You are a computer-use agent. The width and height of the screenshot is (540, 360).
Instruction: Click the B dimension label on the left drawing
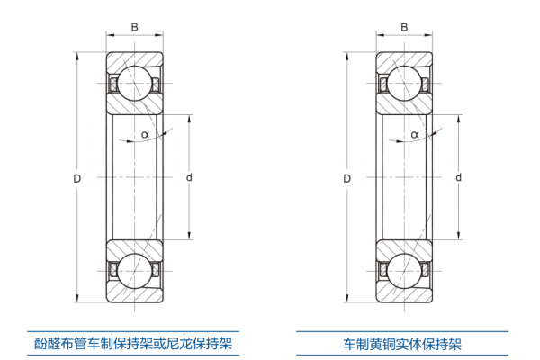tap(134, 27)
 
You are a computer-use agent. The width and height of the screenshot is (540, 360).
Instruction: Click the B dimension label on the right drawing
tap(404, 27)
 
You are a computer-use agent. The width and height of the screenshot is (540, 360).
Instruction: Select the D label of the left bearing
tap(77, 178)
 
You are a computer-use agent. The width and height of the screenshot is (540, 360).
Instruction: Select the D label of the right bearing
tap(347, 178)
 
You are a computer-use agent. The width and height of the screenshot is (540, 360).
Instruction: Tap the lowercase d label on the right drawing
tap(458, 178)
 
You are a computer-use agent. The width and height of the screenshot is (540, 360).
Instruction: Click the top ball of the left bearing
tap(135, 85)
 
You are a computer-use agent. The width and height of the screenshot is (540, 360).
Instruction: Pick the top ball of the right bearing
tap(405, 85)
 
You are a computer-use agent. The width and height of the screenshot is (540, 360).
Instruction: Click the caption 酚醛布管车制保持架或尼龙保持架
tap(133, 344)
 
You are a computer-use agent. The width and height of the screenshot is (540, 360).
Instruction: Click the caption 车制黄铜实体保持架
tap(402, 344)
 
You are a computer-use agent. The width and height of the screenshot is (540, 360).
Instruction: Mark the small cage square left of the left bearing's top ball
tap(113, 85)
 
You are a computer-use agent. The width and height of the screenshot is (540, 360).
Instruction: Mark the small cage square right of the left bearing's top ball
tap(157, 85)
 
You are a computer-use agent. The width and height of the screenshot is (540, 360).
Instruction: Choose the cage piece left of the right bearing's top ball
tap(384, 85)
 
